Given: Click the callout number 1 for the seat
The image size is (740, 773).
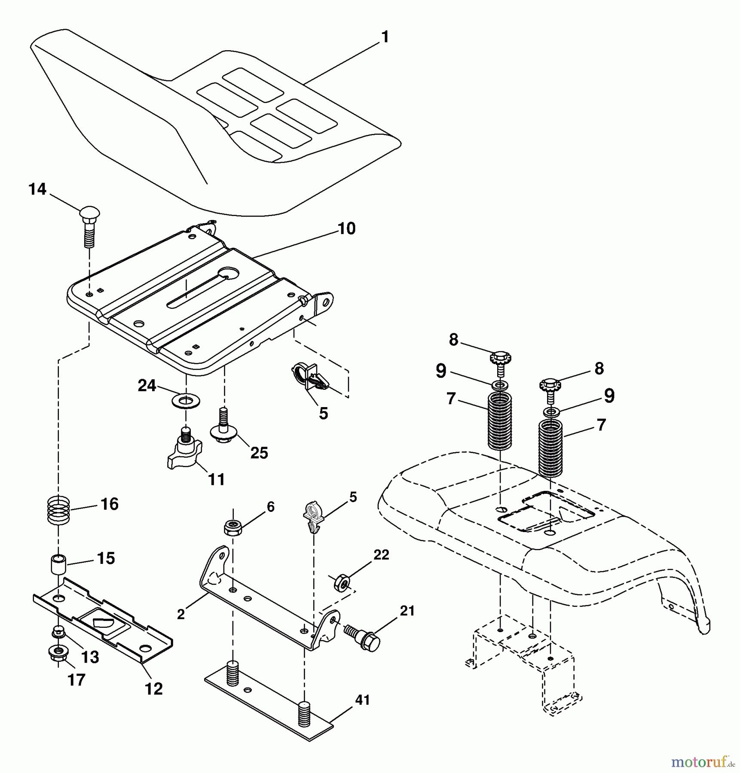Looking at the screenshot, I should click(x=385, y=37).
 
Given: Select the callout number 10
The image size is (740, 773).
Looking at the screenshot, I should click(x=346, y=228).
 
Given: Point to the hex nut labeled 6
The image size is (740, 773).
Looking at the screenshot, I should click(x=233, y=527).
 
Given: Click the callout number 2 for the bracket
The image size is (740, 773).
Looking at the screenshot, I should click(x=181, y=614).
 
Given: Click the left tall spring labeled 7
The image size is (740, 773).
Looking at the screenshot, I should click(x=500, y=422).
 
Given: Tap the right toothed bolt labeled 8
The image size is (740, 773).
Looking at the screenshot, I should click(x=550, y=385).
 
